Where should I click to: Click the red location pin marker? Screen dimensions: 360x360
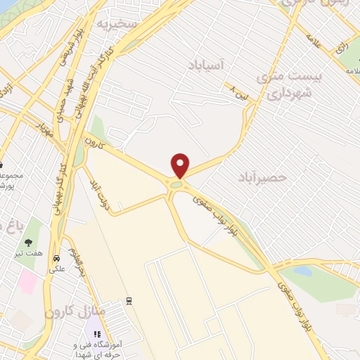181,165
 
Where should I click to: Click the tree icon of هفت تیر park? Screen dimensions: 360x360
29,243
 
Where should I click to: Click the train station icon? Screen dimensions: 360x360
129,301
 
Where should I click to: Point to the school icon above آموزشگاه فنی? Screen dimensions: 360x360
98,334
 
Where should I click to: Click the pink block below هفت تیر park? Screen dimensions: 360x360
27,282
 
